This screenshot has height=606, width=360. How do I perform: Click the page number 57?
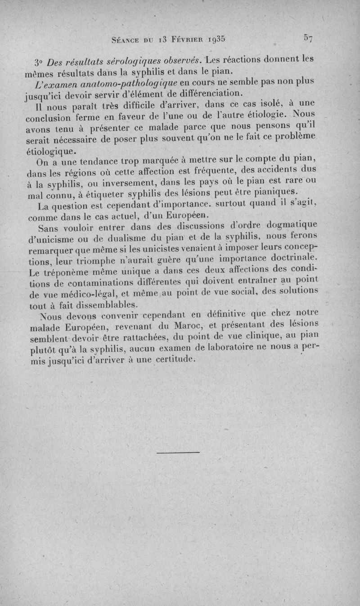tap(308, 38)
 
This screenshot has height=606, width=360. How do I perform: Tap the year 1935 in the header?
tap(213, 39)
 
